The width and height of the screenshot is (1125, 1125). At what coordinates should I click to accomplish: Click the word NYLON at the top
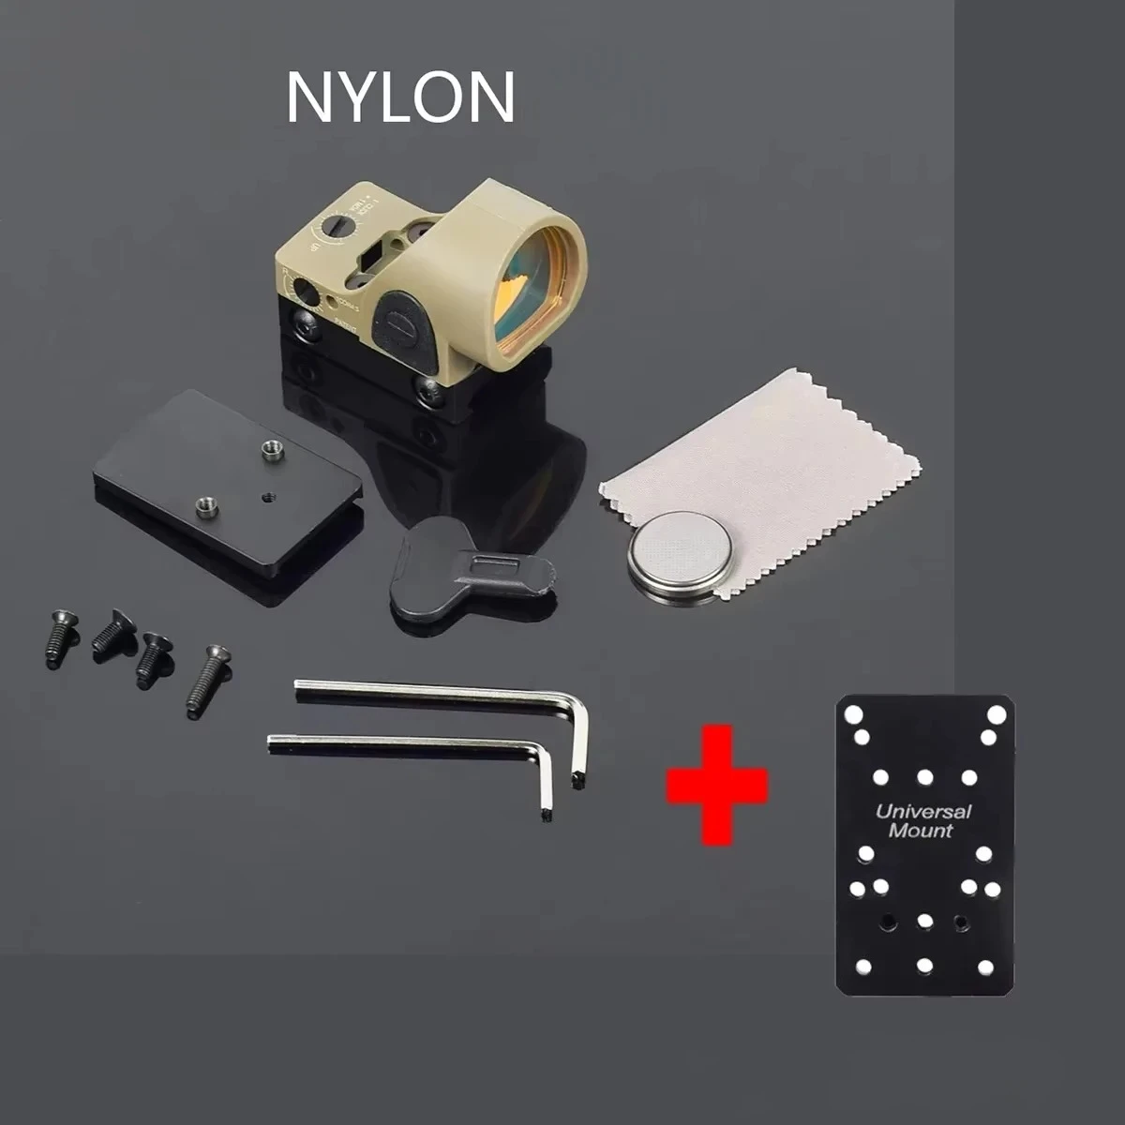[400, 97]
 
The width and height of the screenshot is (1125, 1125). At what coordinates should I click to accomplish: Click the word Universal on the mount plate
[922, 812]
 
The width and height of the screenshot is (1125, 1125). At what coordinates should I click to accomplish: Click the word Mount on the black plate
[920, 831]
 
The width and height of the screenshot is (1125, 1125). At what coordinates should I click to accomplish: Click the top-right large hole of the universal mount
[996, 715]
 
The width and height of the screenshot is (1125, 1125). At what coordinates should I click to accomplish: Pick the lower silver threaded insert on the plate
[202, 506]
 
